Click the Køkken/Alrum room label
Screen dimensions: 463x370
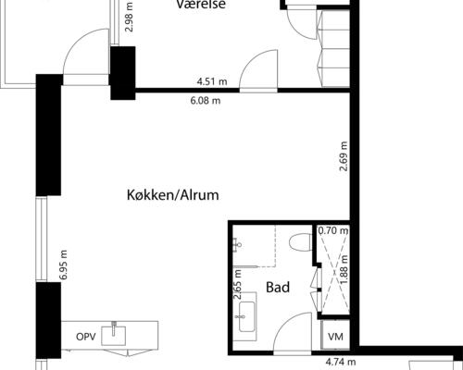[x=173, y=195]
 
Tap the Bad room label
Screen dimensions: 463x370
[x=278, y=288]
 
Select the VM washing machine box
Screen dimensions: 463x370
[x=335, y=335]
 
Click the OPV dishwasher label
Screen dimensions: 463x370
[x=86, y=337]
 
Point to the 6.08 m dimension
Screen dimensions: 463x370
[x=206, y=101]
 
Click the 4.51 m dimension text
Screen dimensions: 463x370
[x=212, y=81]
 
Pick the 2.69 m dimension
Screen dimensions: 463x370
[x=344, y=156]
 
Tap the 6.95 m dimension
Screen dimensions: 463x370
[x=63, y=265]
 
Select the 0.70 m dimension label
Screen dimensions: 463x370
[x=333, y=230]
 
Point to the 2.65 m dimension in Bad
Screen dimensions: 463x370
[x=238, y=285]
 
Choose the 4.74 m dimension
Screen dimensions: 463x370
[x=341, y=362]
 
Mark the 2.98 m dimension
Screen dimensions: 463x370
[x=129, y=18]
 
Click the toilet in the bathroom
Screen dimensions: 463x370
[x=301, y=242]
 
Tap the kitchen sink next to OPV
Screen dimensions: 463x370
[x=114, y=334]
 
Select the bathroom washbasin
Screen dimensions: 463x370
[x=247, y=317]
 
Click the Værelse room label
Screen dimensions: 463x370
[x=201, y=5]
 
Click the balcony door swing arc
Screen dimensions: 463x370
[x=77, y=40]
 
